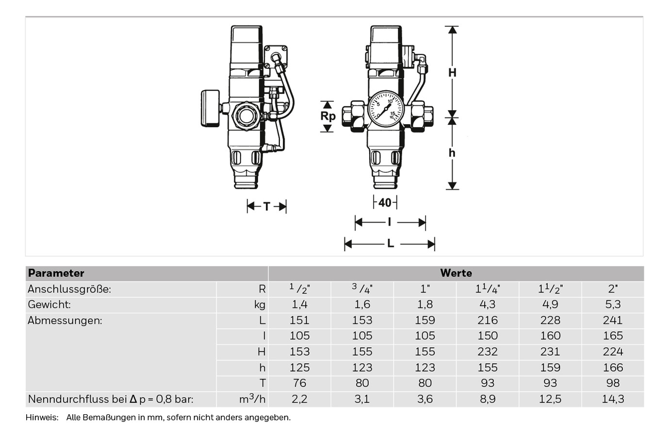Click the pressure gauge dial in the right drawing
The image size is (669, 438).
click(386, 109)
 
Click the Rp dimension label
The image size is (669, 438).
click(327, 116)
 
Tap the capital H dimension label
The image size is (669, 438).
click(452, 73)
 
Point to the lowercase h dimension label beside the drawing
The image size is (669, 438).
click(452, 153)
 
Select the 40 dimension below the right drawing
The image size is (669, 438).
click(385, 203)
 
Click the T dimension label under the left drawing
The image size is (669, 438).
click(267, 206)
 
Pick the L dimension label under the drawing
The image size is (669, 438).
click(391, 244)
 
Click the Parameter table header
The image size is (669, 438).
click(56, 273)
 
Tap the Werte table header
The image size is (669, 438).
click(456, 273)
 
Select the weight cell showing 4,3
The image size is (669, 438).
click(488, 305)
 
